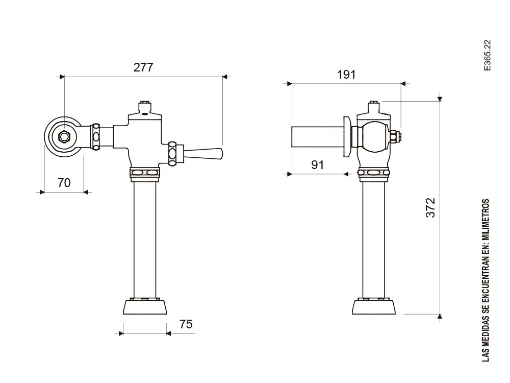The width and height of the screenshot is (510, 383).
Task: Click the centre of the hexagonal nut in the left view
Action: tap(64, 137)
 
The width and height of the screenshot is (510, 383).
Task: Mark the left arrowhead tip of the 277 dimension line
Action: tap(64, 77)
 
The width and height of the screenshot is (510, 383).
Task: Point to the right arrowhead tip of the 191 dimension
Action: tap(401, 84)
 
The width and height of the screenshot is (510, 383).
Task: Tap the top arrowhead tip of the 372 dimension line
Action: tap(440, 101)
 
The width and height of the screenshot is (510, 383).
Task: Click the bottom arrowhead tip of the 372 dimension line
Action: tap(440, 314)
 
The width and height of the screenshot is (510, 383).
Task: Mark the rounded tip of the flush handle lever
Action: tap(222, 154)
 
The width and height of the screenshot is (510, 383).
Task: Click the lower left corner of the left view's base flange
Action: tap(123, 314)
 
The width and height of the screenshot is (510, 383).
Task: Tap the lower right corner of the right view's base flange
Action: tap(396, 314)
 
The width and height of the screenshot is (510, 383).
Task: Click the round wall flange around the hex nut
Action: tap(64, 137)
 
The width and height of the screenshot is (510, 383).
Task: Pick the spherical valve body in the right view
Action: tap(376, 137)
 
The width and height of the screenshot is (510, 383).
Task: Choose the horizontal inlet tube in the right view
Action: tap(317, 137)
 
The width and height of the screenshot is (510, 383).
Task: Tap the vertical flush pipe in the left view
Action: tap(145, 240)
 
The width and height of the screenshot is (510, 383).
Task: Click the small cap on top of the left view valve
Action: tap(145, 107)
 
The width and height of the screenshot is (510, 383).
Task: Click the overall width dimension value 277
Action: tap(143, 67)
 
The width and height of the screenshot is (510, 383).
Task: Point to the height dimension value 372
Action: tap(430, 207)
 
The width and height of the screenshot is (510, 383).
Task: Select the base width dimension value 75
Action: tap(186, 324)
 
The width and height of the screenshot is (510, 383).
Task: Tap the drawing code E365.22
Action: tap(487, 55)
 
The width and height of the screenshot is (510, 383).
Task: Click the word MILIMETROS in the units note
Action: tap(486, 219)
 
